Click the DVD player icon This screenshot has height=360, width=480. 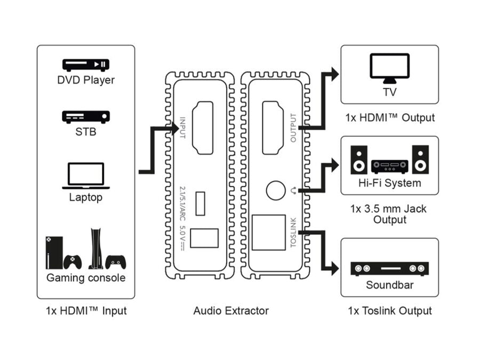(x=86, y=65)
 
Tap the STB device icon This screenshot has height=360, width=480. (x=86, y=116)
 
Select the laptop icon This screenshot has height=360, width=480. (x=86, y=176)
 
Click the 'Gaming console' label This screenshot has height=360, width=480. (x=86, y=278)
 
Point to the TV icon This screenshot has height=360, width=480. (x=389, y=69)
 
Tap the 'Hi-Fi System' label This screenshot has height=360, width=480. (x=389, y=183)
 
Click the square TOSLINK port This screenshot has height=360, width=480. (x=269, y=233)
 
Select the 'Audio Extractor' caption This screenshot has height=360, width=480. (x=231, y=310)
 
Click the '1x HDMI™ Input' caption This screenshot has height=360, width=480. (x=86, y=310)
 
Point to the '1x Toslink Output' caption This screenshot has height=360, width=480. (x=389, y=310)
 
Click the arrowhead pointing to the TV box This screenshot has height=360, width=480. (x=334, y=74)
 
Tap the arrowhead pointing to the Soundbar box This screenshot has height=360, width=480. (x=334, y=268)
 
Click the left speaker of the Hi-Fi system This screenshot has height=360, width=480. (x=359, y=159)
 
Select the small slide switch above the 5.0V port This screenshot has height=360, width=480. (x=201, y=203)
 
